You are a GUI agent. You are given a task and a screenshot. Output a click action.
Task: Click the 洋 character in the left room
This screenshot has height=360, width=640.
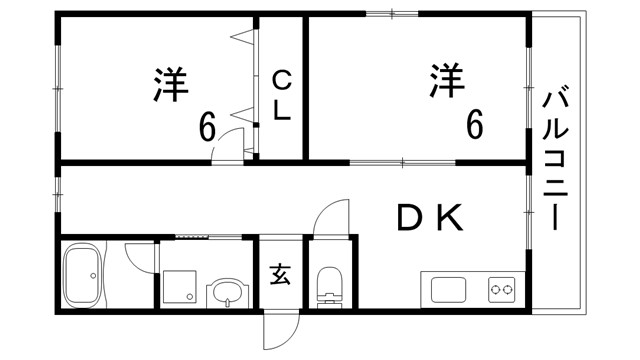tap(170, 85)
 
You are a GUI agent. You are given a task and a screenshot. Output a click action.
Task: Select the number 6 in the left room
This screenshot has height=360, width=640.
tap(207, 127)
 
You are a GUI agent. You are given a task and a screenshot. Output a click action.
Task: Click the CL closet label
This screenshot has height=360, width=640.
tap(282, 95)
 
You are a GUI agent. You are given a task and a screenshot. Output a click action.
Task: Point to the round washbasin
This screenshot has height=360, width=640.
tap(226, 295)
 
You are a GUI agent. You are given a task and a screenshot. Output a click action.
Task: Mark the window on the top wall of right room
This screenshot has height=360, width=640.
tap(392, 13)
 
